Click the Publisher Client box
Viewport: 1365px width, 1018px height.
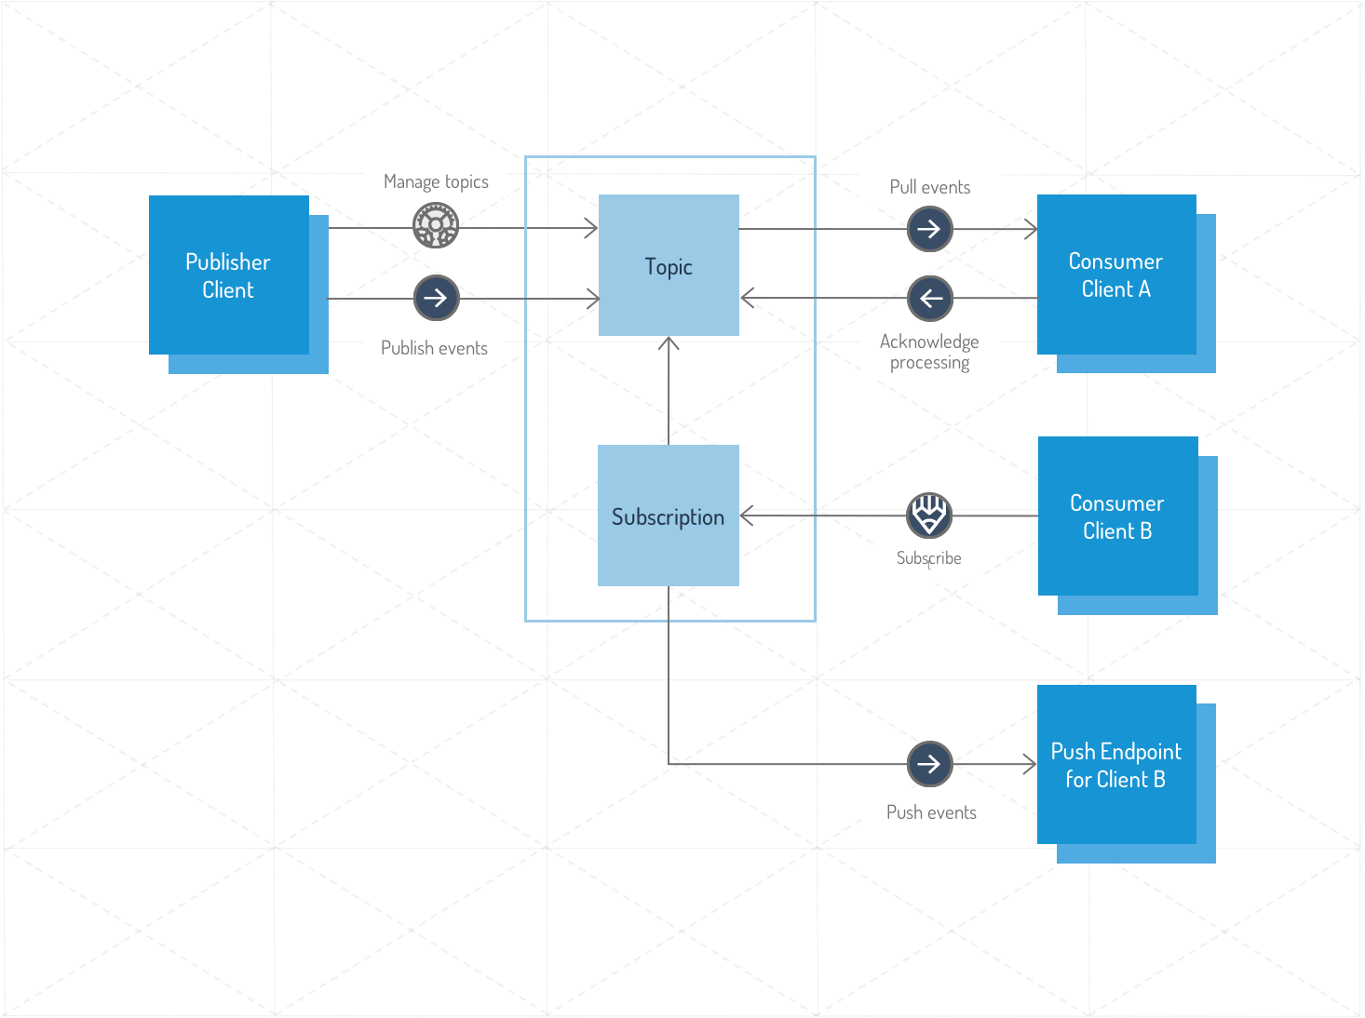(x=229, y=275)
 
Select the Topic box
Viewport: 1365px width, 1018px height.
(x=669, y=266)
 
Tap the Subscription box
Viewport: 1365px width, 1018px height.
(x=668, y=516)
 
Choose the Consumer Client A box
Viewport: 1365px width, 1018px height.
(x=1116, y=275)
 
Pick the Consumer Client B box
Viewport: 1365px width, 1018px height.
(x=1117, y=516)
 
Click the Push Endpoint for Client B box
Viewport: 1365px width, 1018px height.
(x=1116, y=765)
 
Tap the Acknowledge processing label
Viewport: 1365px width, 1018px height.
(x=929, y=352)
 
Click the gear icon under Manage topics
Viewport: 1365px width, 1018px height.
(x=436, y=225)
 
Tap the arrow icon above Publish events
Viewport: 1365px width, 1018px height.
(x=436, y=298)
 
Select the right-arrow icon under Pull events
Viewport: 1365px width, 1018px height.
(x=929, y=229)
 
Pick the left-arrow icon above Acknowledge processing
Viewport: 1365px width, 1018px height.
(x=929, y=299)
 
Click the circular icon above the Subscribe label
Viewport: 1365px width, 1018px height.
(x=929, y=515)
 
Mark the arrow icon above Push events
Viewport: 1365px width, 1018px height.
(x=929, y=764)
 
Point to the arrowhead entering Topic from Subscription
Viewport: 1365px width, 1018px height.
(x=669, y=343)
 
